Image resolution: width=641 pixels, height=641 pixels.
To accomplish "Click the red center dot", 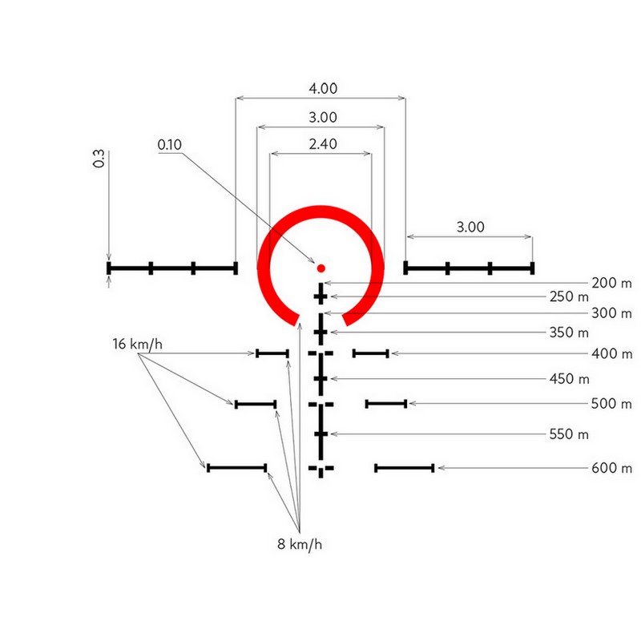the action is click(321, 268).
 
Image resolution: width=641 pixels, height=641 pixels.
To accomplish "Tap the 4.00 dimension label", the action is click(323, 88).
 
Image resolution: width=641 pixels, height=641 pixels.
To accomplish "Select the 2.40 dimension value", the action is click(323, 144).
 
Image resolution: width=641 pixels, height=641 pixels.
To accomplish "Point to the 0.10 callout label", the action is click(170, 145).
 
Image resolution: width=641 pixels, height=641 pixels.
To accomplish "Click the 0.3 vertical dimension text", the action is click(99, 159).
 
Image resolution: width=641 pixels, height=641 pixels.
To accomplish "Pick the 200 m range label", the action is click(611, 283).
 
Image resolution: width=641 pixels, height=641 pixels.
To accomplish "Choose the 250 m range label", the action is click(569, 296).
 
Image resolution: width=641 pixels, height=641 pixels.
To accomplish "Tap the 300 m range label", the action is click(611, 313).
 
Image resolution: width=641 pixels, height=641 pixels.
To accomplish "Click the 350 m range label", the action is click(569, 333).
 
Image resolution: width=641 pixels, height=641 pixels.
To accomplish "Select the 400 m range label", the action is click(611, 353).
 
